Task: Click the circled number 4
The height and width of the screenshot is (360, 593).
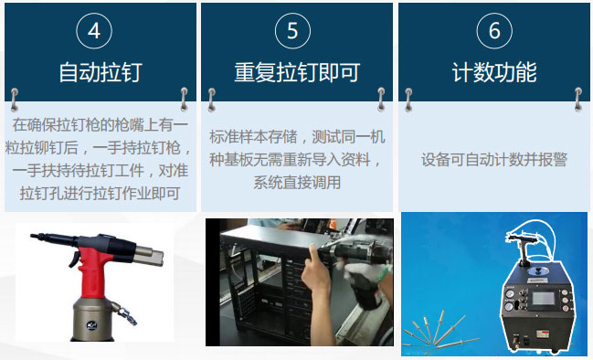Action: click(x=94, y=31)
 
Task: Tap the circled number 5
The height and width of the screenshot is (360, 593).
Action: click(x=292, y=31)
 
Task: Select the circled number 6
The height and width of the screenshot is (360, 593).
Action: click(x=494, y=31)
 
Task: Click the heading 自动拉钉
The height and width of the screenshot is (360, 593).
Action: click(x=100, y=72)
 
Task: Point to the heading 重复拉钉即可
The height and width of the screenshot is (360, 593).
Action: click(x=297, y=72)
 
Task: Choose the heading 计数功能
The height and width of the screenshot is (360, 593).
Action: click(x=494, y=72)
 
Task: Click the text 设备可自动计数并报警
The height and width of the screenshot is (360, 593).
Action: click(x=494, y=160)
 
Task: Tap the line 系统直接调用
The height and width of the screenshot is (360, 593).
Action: click(x=297, y=182)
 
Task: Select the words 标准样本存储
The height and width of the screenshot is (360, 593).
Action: click(x=252, y=137)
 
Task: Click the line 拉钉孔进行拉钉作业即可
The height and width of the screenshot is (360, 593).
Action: click(x=100, y=192)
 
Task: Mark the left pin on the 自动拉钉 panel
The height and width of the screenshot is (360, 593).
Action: click(x=16, y=94)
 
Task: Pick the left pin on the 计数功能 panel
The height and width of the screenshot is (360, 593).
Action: click(x=408, y=94)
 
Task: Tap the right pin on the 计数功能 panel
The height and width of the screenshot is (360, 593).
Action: click(x=577, y=94)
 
